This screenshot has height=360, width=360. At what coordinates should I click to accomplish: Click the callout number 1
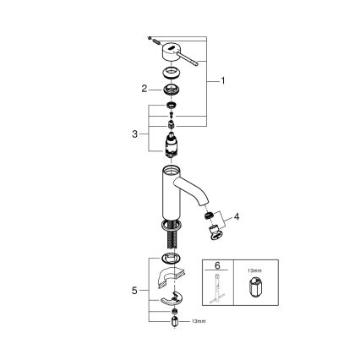click(x=222, y=81)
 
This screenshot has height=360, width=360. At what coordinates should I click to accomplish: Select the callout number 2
click(x=145, y=88)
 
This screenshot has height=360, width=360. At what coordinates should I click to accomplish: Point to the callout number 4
click(x=237, y=216)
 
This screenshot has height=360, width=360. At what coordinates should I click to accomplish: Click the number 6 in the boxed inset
click(x=218, y=265)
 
